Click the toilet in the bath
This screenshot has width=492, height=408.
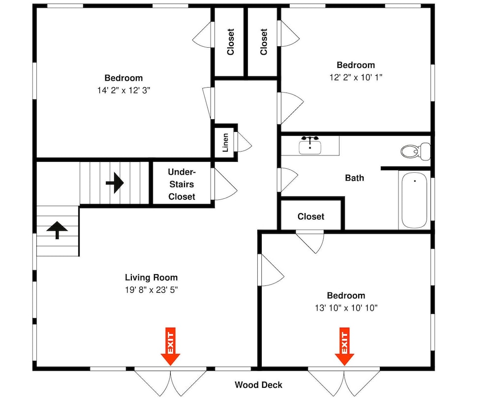(x=415, y=151)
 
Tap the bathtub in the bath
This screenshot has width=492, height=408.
(x=414, y=200)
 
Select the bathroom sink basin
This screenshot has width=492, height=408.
(x=310, y=147)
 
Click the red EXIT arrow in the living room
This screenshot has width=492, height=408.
(x=170, y=346)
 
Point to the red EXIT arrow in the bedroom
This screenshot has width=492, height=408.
(x=344, y=346)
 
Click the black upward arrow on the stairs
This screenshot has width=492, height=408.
(x=57, y=230)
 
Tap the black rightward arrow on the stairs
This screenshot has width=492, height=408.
(x=115, y=183)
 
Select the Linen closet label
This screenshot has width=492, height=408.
(x=225, y=143)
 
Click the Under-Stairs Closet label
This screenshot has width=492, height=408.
(x=182, y=184)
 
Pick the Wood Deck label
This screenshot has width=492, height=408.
(x=259, y=385)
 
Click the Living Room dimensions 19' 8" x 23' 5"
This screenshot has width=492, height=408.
(x=152, y=290)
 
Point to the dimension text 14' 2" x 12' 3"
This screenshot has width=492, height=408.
(x=123, y=91)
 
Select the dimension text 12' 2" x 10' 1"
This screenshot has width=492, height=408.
(x=356, y=77)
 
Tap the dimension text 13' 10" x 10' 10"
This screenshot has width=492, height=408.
(x=346, y=308)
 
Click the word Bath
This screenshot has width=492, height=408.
(x=355, y=178)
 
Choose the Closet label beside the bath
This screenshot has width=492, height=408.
(x=311, y=217)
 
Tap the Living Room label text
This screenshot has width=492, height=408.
(x=151, y=278)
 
